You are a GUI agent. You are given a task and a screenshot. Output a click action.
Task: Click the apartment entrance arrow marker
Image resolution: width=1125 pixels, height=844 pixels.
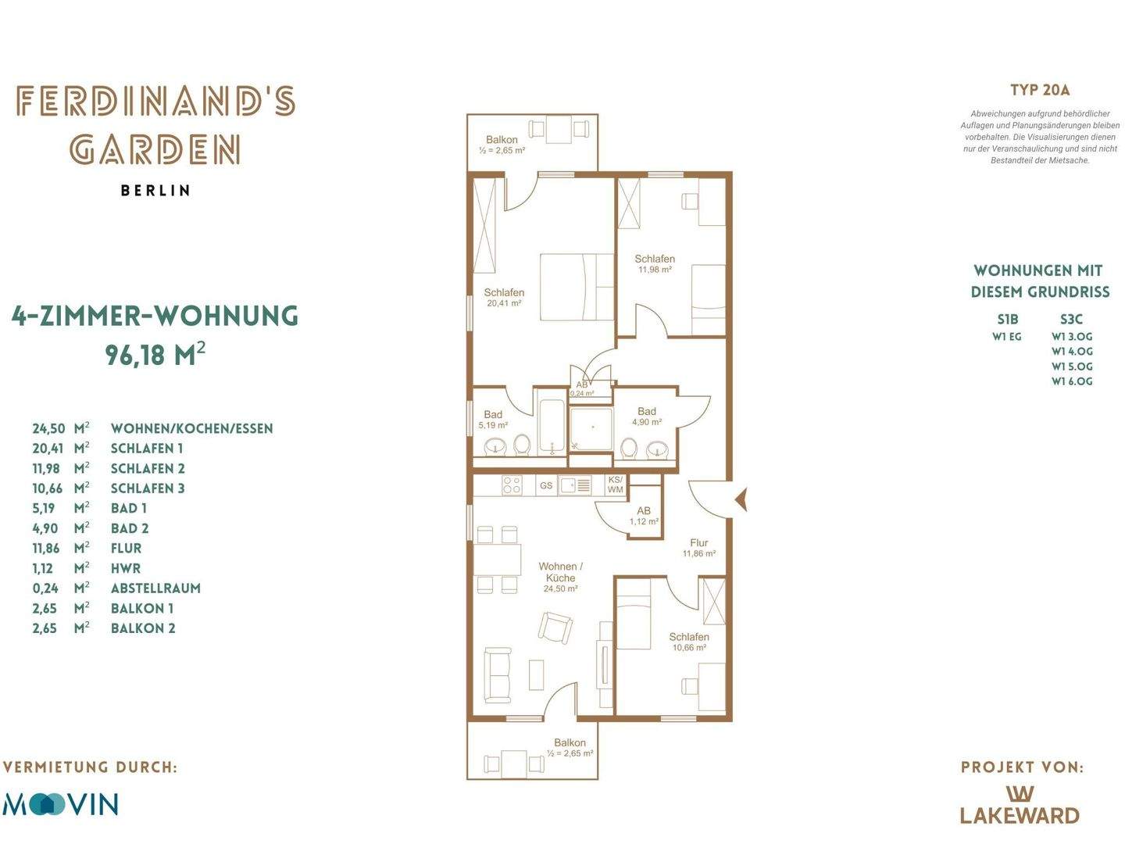[x=741, y=499]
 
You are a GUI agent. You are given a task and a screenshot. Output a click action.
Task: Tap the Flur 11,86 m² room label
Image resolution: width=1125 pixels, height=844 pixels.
[x=698, y=547]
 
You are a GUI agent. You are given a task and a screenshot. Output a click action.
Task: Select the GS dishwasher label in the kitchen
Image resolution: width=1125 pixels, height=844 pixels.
[x=546, y=485]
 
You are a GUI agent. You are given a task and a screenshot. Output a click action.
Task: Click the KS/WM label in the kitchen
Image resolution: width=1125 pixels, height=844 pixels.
[x=615, y=485]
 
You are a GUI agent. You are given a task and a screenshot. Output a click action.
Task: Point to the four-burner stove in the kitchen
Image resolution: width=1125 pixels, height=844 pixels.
[x=512, y=485]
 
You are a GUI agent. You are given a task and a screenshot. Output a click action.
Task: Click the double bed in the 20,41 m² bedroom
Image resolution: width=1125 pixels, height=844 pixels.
[x=577, y=287]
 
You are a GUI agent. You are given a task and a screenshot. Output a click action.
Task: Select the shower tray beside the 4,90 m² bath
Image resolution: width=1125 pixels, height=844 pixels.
[x=591, y=429]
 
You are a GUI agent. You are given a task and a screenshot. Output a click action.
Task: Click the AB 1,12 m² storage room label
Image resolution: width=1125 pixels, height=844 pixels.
[x=644, y=516]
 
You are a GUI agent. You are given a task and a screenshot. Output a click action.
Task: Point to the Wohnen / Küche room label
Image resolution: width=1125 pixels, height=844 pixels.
[x=560, y=577]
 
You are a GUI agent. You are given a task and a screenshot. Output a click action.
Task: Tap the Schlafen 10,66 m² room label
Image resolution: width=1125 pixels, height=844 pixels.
[x=689, y=642]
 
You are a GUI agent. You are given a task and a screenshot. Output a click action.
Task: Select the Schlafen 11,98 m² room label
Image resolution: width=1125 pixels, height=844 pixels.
[x=655, y=264]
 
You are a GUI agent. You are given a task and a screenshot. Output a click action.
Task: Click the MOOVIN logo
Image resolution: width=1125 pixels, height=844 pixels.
[x=60, y=804]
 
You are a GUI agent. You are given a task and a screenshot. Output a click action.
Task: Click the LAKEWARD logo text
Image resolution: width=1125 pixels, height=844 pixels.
[x=1020, y=815]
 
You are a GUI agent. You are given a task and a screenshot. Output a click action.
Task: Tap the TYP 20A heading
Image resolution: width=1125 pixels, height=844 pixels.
[x=1040, y=90]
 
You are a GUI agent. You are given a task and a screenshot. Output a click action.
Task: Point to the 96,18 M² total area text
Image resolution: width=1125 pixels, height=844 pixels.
[x=155, y=355]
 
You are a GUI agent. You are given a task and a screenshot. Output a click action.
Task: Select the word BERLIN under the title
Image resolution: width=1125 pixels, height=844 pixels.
[x=155, y=191]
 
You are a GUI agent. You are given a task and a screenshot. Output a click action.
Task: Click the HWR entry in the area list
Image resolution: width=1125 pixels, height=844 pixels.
[x=126, y=568]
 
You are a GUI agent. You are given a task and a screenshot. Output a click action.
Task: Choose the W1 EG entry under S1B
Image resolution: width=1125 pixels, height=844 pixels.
[x=1006, y=337]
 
